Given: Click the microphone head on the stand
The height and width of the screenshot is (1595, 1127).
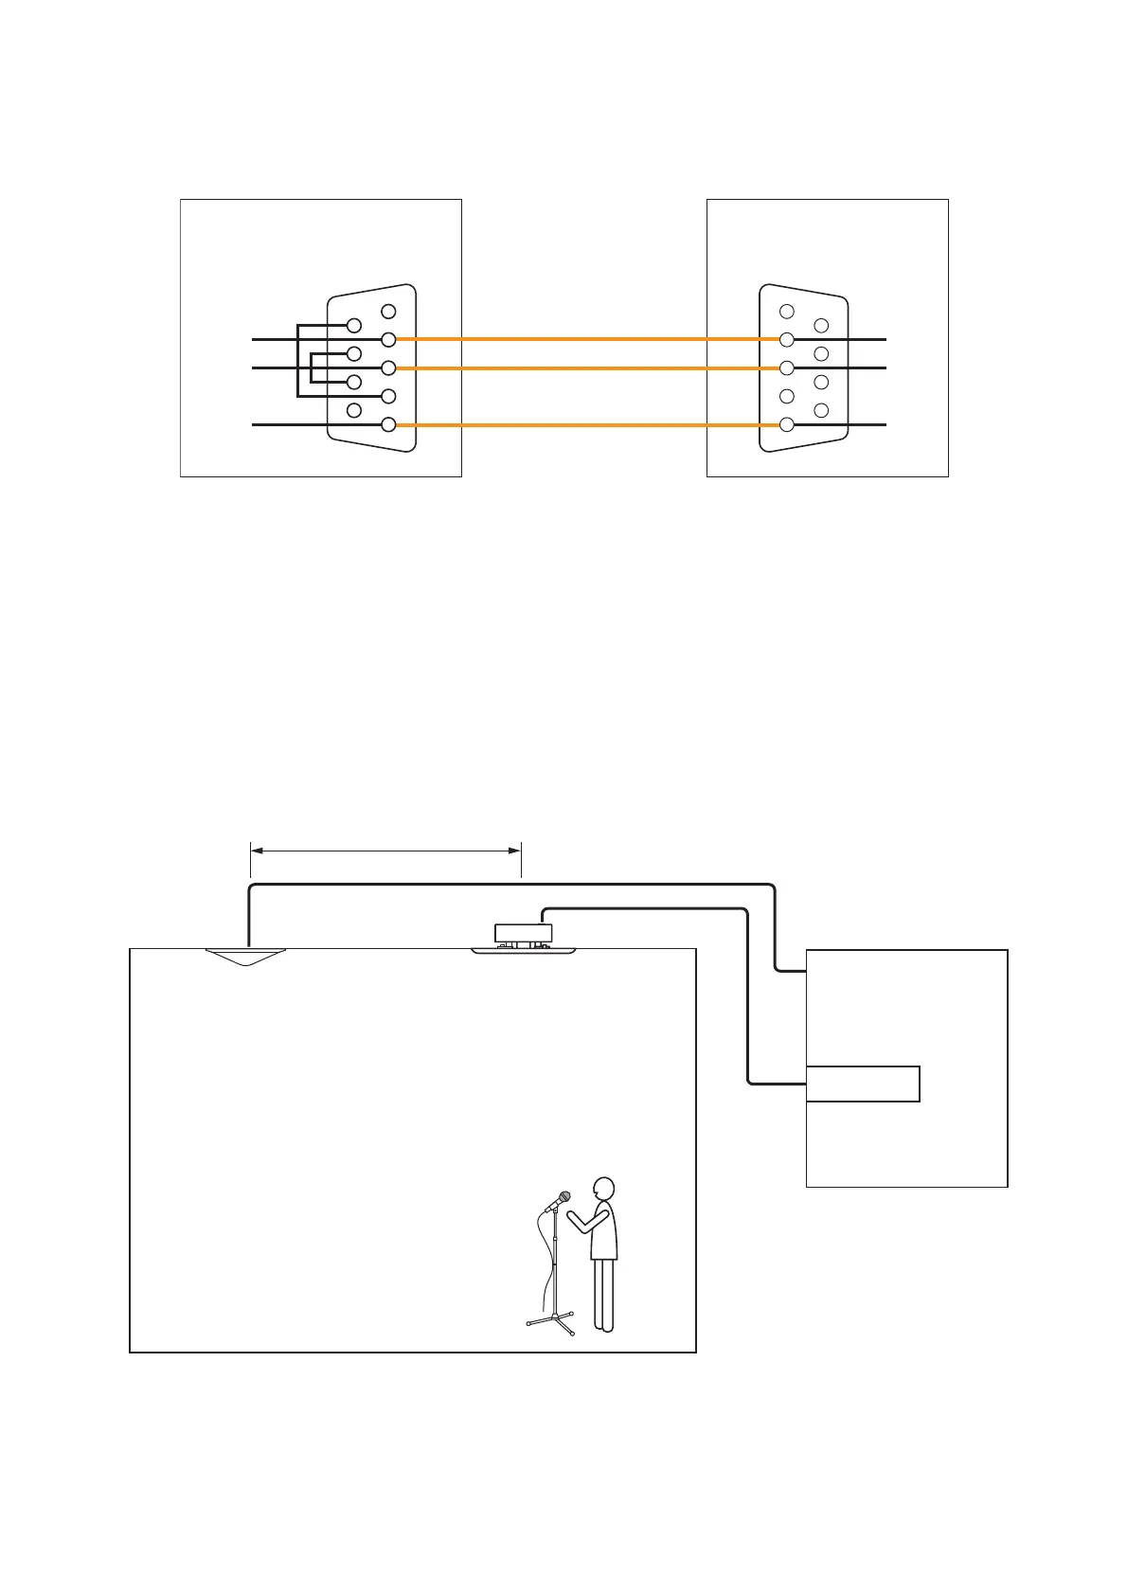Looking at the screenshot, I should [x=564, y=1198].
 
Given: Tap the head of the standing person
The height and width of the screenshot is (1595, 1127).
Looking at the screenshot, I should [x=602, y=1190].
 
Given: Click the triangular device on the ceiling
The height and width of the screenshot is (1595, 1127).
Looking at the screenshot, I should [x=245, y=957].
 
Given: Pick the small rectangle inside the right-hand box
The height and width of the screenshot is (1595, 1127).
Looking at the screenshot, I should [x=863, y=1084].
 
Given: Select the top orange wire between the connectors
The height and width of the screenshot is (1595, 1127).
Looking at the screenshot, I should [x=587, y=338].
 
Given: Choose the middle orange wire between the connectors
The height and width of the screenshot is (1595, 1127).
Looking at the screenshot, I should [x=587, y=367].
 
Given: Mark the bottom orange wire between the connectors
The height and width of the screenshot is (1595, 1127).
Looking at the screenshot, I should [x=587, y=424].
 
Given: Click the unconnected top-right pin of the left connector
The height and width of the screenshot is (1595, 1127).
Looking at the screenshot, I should [x=388, y=311].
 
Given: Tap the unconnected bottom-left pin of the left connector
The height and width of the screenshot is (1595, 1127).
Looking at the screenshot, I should [x=354, y=410].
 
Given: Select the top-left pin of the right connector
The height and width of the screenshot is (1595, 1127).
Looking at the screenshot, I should [x=786, y=312].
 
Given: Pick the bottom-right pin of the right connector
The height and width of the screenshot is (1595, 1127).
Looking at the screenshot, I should [x=821, y=410].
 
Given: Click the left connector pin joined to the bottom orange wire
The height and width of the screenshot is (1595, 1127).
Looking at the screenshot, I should [x=388, y=424].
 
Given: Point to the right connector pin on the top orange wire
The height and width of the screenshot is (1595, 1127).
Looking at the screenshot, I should [x=786, y=339].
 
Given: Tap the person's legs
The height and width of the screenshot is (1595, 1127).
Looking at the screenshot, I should [x=603, y=1294].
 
